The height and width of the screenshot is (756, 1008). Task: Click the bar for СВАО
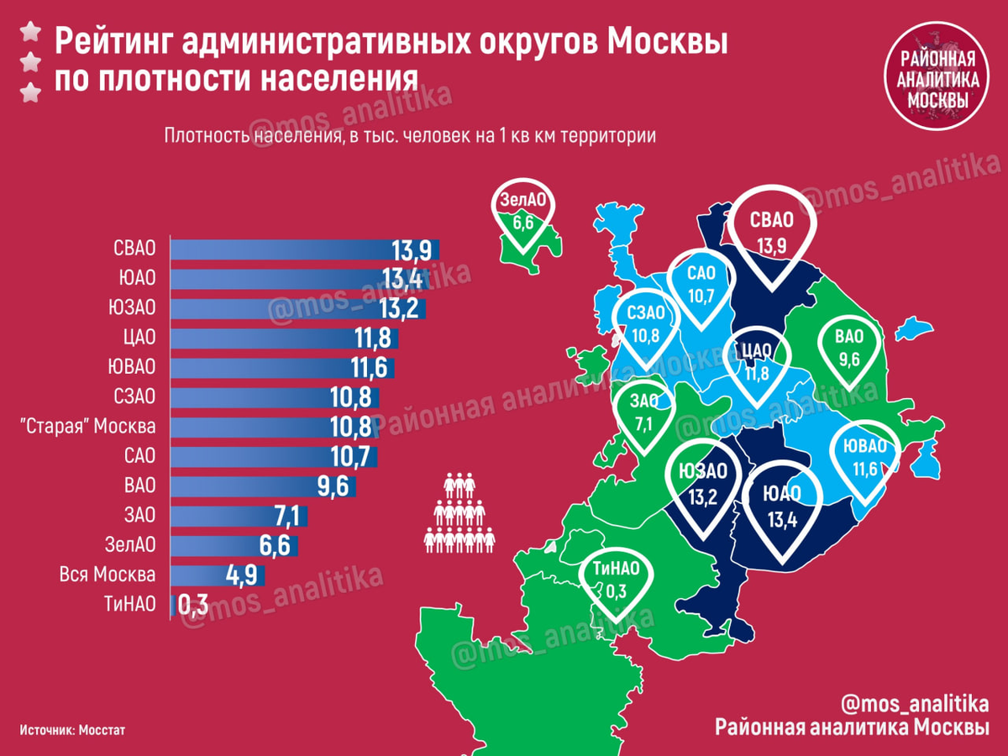coord(302,249)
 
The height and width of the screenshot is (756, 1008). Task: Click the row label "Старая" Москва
coord(92,427)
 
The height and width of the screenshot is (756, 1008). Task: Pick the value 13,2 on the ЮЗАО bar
coord(399,308)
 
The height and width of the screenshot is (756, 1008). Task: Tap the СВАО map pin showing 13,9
coord(772,232)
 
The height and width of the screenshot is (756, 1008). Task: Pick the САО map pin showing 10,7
coord(701,287)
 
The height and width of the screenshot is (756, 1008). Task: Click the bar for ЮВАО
coord(282,367)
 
